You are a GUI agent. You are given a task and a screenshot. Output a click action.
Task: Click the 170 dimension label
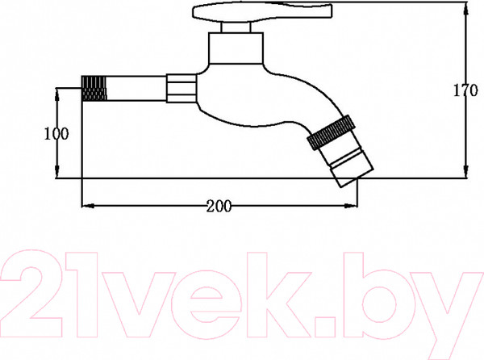465,90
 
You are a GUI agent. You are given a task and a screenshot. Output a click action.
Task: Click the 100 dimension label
56,134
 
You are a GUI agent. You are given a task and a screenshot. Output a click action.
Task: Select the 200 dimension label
219,206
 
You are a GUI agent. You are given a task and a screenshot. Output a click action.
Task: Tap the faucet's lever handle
261,12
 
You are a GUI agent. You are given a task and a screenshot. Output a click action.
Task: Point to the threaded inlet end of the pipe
94,88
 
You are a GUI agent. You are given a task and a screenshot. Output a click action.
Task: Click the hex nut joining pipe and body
181,88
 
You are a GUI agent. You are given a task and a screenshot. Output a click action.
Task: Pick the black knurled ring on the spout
332,132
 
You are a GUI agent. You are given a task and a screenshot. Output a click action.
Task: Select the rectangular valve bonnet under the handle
236,48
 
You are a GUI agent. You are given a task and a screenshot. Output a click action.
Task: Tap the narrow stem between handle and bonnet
236,27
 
